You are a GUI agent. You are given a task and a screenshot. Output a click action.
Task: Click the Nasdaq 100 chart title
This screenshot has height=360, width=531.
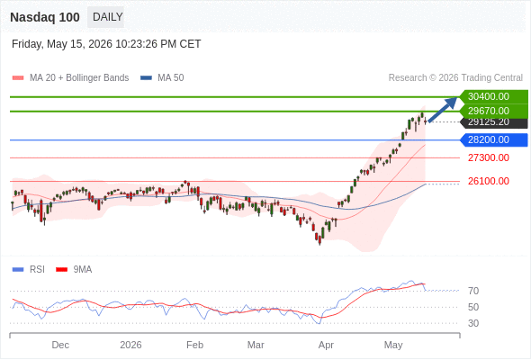click(x=45, y=17)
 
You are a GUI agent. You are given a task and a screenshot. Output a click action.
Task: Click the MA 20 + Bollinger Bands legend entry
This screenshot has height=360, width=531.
click(x=70, y=78)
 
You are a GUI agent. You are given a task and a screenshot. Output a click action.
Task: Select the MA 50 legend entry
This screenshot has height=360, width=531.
click(x=162, y=78)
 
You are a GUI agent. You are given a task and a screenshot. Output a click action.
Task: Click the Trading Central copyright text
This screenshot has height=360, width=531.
click(x=455, y=78)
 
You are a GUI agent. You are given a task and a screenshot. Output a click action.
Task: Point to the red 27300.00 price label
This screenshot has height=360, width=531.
click(x=489, y=157)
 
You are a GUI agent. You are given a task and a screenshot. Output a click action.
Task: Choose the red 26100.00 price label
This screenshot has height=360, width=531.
click(x=489, y=181)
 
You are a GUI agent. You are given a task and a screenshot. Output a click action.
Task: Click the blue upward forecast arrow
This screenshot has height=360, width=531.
click(x=443, y=110)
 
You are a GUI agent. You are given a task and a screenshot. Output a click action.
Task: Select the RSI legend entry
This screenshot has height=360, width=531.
click(x=29, y=270)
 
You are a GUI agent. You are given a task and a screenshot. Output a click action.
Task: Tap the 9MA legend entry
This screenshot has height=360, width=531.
click(x=74, y=270)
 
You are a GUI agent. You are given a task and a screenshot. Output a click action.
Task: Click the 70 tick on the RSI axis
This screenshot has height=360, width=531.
click(x=473, y=291)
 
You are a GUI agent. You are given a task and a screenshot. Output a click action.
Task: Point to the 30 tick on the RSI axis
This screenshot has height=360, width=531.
click(x=473, y=323)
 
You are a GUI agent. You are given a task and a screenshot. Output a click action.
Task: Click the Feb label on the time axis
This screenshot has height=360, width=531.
click(x=194, y=345)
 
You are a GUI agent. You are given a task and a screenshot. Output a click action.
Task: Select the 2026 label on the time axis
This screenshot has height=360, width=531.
click(x=130, y=345)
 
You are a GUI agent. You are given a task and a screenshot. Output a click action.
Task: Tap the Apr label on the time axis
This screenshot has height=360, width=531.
click(x=326, y=345)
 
